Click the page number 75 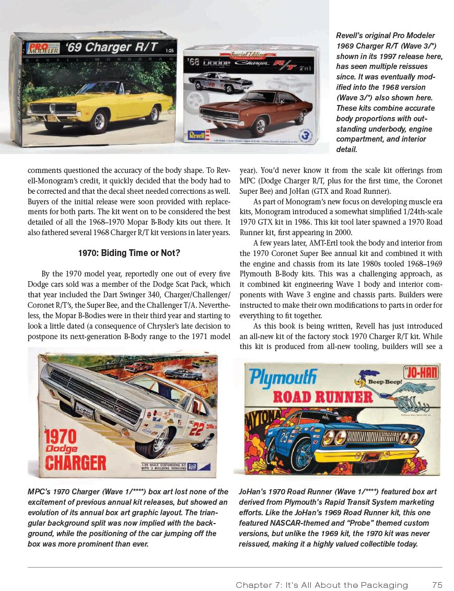tap(438, 585)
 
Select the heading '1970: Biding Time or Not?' tap(129, 253)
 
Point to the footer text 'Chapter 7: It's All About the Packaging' tap(321, 585)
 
